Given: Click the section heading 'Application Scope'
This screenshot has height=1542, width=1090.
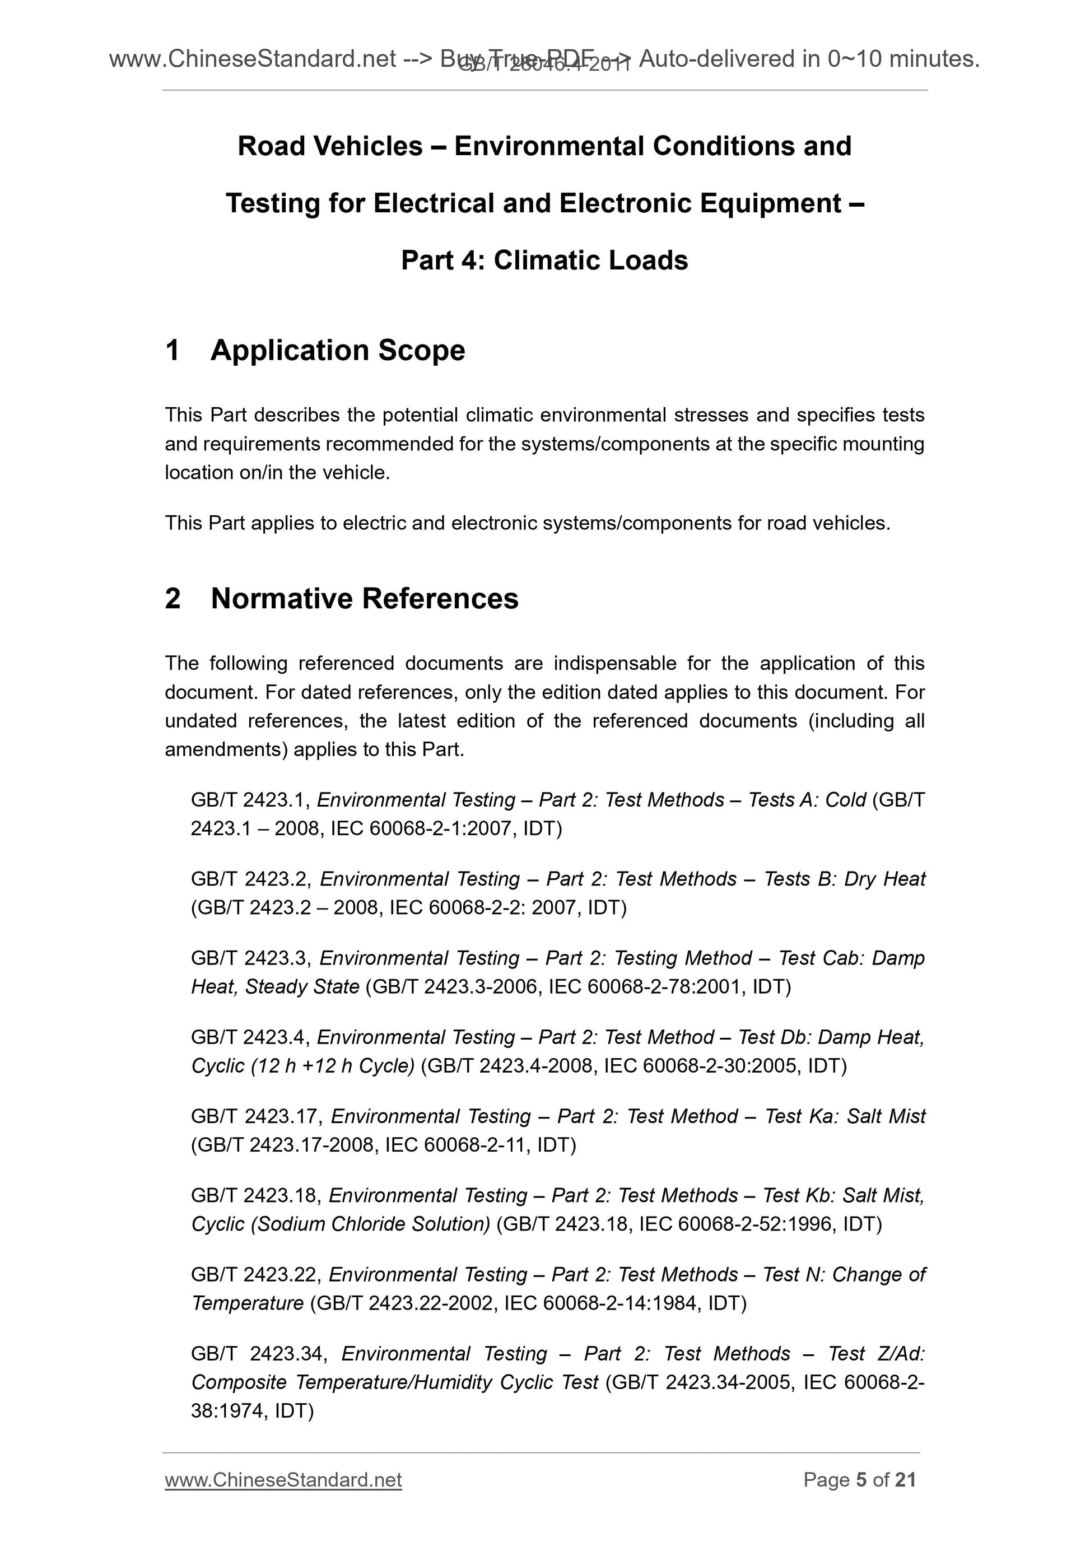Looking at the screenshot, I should coord(337,351).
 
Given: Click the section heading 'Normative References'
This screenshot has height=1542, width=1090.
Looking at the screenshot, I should coord(364,598).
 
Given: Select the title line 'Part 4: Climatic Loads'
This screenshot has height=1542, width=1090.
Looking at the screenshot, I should coord(544,260).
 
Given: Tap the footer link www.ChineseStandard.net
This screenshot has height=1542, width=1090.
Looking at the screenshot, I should coord(283,1479).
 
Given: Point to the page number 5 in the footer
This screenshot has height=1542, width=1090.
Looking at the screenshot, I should coord(861,1479).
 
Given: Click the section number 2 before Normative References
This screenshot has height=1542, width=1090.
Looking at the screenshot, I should coord(173,598).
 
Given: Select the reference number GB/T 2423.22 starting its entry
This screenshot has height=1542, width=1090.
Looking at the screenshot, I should coord(256,1274).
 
